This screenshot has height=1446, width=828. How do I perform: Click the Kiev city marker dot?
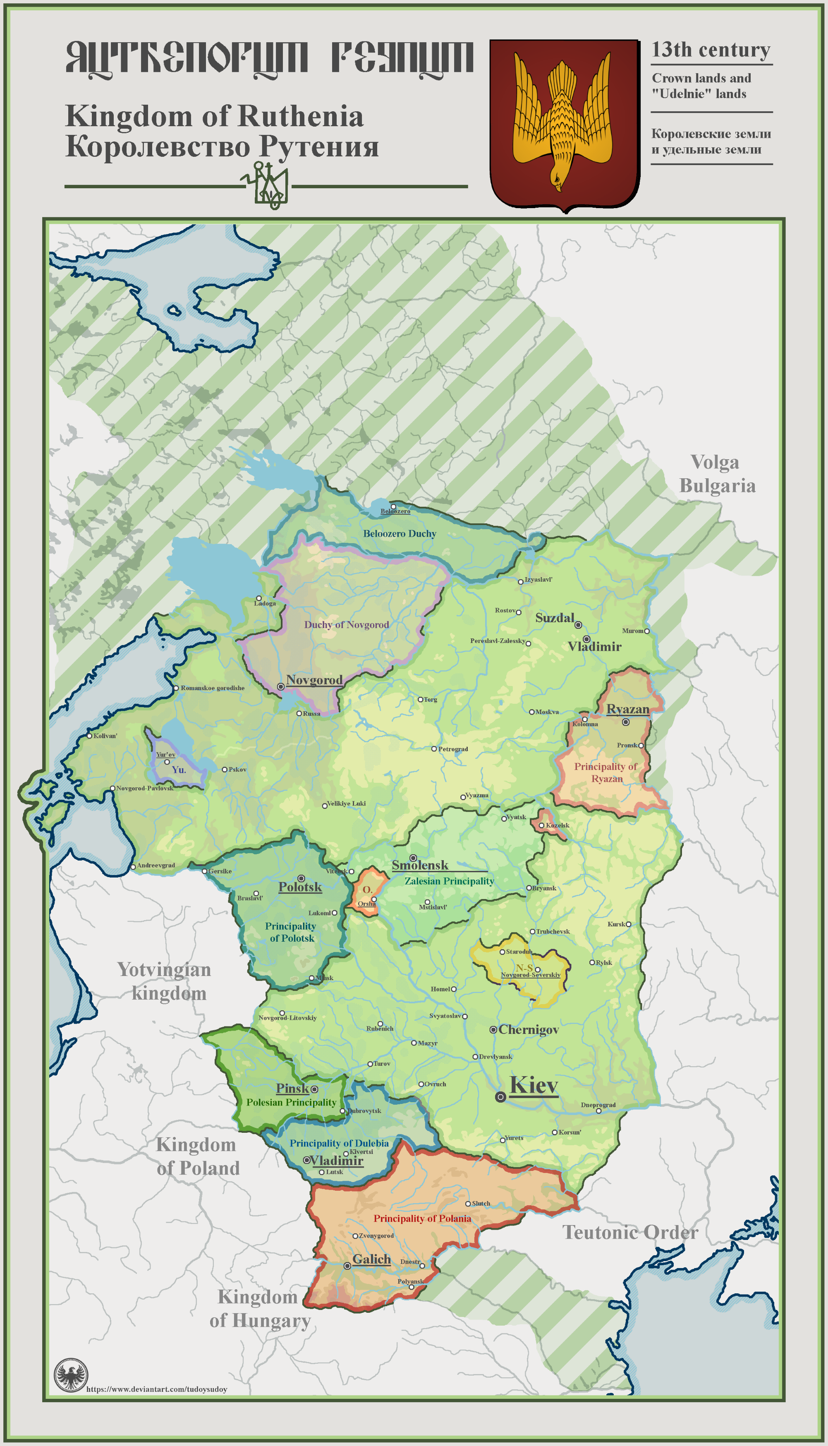point(500,1097)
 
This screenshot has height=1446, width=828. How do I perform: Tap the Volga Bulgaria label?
point(716,474)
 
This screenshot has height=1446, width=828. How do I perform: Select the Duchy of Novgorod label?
point(346,625)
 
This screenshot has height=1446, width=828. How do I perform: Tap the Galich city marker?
point(347,1266)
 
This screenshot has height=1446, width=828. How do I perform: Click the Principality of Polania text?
point(422,1218)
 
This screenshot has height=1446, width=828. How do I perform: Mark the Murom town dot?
point(646,631)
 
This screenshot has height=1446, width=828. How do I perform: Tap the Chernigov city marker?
point(493,1030)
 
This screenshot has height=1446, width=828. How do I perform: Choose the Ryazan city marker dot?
point(625,722)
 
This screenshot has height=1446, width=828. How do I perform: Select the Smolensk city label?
point(420,865)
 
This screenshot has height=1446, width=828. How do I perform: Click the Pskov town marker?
point(225,769)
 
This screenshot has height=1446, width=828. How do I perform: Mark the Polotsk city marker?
point(301,878)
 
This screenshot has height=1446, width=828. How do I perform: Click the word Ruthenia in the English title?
point(300,117)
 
